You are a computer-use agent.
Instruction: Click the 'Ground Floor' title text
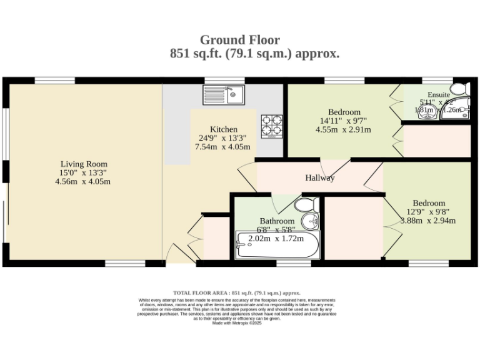click(x=240, y=41)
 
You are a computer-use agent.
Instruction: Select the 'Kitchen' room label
click(x=223, y=129)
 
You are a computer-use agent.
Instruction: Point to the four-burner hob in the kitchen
click(x=271, y=124)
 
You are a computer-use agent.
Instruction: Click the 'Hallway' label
click(x=319, y=178)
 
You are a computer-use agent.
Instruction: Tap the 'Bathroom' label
click(x=277, y=221)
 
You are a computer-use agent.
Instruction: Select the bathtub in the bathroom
click(x=277, y=246)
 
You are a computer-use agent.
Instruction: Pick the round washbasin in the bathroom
click(x=311, y=221)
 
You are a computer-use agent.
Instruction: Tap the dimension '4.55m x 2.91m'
click(x=343, y=130)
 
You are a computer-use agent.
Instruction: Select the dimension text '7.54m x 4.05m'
click(x=224, y=147)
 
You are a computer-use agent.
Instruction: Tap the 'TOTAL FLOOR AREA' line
click(x=237, y=292)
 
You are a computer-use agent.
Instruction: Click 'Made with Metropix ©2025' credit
click(x=237, y=323)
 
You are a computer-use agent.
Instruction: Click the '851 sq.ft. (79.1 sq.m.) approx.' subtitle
click(x=254, y=54)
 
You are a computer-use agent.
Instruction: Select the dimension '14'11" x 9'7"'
click(x=343, y=121)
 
